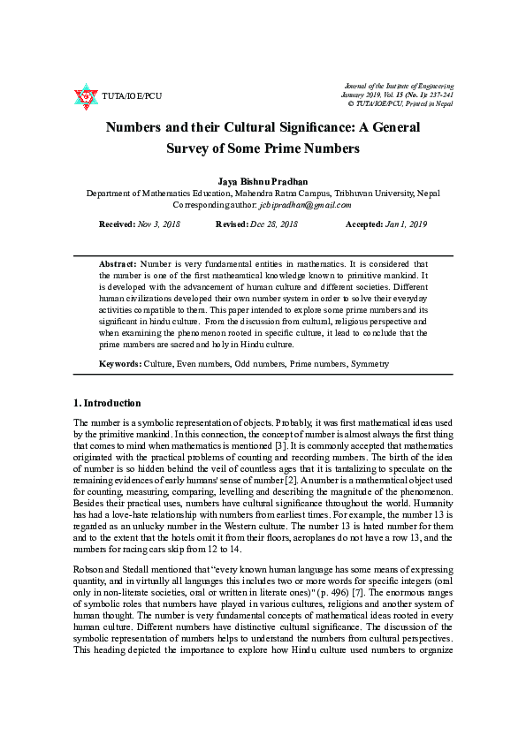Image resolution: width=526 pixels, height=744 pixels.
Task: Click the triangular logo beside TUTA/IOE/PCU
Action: coord(86,95)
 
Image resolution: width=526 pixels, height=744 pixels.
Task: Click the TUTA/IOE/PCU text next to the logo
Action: coord(133,95)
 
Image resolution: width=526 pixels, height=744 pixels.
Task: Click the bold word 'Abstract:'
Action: coord(118,264)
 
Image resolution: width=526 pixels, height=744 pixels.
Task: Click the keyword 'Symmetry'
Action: coord(370,364)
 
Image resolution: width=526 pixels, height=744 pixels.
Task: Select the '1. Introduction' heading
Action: coord(107,403)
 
